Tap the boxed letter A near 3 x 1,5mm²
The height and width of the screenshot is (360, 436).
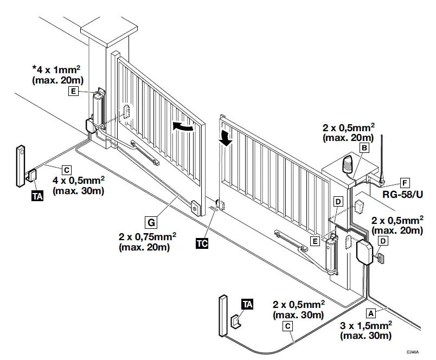[371, 313]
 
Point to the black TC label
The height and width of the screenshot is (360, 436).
[202, 243]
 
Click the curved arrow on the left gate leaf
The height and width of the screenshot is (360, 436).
[182, 126]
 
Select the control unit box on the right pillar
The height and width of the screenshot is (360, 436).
[365, 251]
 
